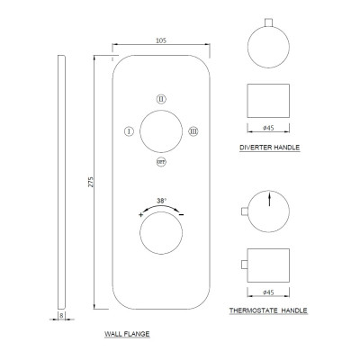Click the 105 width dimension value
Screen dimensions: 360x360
point(161,40)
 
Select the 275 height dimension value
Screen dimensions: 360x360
point(91,182)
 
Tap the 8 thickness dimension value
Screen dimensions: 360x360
point(61,315)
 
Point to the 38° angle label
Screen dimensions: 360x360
point(161,201)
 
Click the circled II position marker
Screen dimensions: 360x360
point(161,99)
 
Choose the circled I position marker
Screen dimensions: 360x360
point(129,131)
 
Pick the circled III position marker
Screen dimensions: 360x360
point(193,131)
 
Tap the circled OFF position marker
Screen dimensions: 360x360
point(161,162)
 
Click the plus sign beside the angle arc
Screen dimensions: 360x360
point(140,214)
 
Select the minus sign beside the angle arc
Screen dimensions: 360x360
point(181,214)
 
